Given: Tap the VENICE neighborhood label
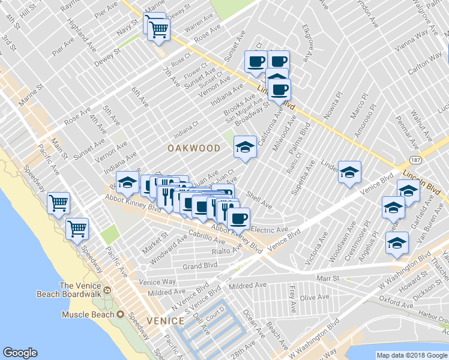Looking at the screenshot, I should pos(164,321).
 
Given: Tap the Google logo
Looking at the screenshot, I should pos(20,353).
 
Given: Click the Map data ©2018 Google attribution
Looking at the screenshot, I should pos(411,355).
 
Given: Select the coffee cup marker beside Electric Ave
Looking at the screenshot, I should pos(238,218).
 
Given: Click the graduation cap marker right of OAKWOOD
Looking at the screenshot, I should pos(244,146).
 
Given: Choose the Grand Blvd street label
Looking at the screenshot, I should pos(200,265).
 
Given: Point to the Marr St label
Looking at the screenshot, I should pos(328,278).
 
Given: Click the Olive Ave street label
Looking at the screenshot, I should pos(315,297).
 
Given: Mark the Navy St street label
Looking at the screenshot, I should pos(127,30).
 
